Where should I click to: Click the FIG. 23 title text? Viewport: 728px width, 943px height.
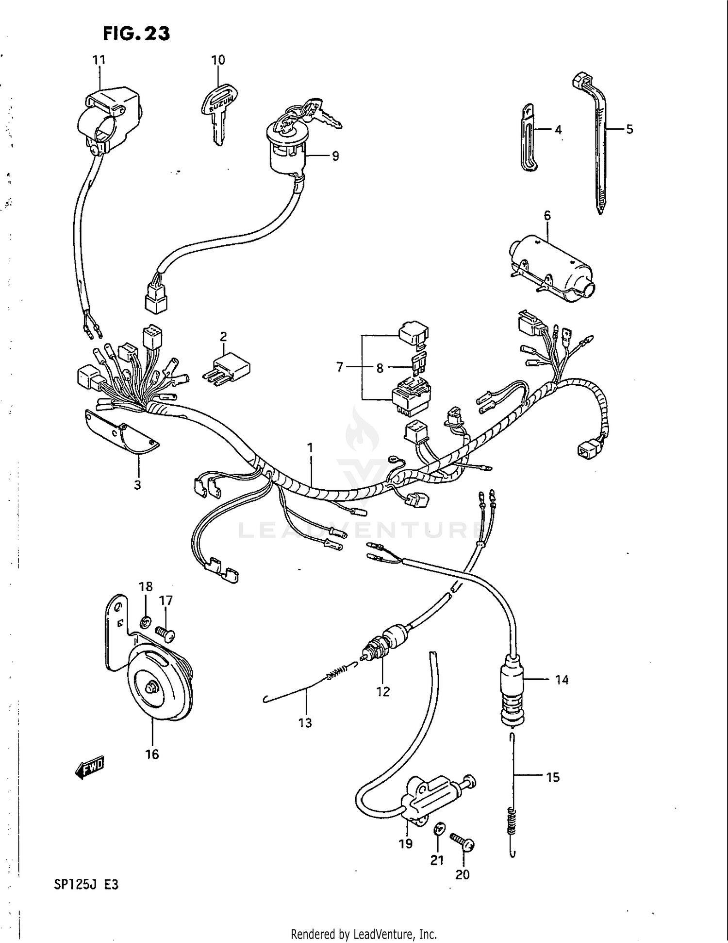136,33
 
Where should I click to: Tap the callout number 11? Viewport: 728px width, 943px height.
99,60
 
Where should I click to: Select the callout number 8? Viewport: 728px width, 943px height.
380,368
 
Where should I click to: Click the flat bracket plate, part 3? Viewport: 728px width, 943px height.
121,432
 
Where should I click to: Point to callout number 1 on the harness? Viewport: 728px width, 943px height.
310,447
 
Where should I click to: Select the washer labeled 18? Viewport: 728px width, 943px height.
145,621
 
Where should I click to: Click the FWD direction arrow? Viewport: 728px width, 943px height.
90,767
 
